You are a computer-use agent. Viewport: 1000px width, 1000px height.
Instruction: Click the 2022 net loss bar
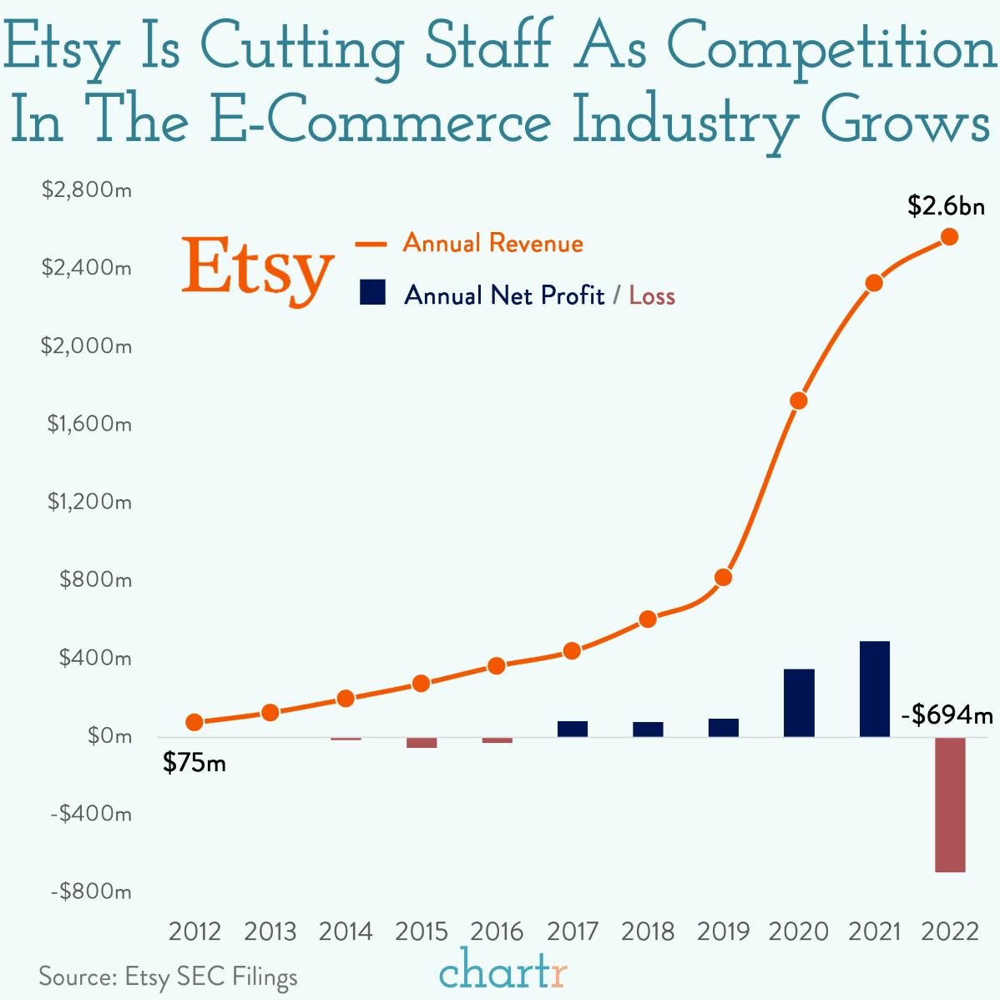950,804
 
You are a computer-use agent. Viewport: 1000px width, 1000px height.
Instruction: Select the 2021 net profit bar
874,689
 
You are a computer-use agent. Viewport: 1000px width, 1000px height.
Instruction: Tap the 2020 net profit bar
799,703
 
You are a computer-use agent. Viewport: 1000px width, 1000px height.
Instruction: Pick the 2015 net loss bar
422,742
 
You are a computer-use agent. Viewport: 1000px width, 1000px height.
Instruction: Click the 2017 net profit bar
573,729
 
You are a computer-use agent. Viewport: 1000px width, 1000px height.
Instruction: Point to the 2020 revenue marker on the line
799,401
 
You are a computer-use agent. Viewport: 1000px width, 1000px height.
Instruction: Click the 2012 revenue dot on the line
194,722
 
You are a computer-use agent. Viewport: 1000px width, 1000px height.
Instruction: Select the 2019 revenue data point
724,578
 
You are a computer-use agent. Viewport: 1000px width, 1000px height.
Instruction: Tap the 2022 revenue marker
949,237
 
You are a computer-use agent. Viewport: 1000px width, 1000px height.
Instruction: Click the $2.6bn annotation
946,206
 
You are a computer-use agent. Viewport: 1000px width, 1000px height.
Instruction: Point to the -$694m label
947,715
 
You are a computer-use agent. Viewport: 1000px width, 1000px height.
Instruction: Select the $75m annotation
194,762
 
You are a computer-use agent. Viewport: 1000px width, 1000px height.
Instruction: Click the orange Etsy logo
258,269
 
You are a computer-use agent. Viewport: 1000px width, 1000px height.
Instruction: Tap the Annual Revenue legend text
492,244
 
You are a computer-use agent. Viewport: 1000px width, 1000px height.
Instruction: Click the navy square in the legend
372,293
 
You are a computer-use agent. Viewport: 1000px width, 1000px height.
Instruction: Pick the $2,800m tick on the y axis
87,190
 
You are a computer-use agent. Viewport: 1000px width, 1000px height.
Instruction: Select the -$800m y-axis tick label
90,891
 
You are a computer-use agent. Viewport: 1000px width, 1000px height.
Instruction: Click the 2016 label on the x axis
497,931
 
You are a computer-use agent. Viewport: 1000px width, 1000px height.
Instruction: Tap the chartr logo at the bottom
503,971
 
